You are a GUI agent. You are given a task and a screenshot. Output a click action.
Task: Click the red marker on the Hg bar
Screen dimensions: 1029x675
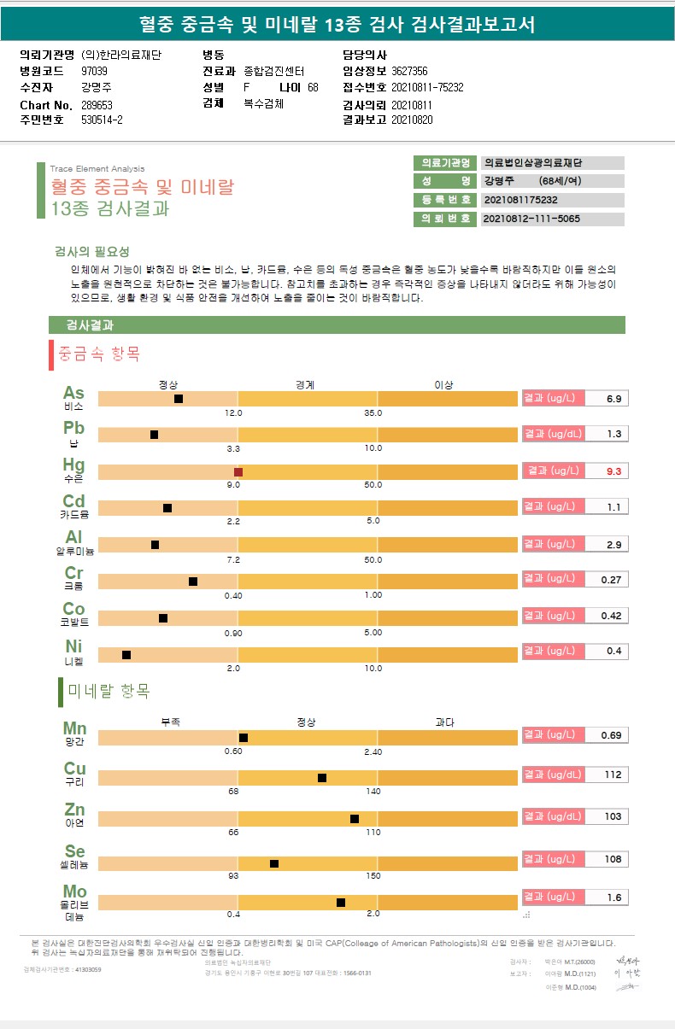coord(238,472)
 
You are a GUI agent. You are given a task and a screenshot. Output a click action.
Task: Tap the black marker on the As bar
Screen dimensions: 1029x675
coord(179,399)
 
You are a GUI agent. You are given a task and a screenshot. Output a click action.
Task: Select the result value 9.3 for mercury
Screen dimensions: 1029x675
coord(613,471)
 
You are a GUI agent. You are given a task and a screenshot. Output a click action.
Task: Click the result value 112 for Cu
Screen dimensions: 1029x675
coord(613,775)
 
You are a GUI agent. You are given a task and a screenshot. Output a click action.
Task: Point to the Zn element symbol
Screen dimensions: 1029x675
coord(74,810)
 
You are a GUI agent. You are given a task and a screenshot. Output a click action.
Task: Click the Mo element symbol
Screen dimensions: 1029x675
coord(74,892)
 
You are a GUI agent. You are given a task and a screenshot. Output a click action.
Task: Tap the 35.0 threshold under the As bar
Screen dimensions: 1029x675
coord(373,413)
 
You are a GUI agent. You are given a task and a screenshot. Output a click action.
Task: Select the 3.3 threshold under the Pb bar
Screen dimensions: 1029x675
coord(232,448)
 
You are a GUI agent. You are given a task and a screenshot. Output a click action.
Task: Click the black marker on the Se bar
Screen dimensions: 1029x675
coord(274,863)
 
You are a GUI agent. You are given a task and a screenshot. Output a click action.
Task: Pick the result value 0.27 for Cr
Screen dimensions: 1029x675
coord(611,580)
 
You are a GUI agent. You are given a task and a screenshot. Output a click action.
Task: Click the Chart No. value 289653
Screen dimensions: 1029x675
coord(97,105)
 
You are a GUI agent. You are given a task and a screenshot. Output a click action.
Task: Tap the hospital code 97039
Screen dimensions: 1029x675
coord(95,71)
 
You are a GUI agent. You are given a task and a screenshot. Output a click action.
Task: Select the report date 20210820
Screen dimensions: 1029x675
coord(412,120)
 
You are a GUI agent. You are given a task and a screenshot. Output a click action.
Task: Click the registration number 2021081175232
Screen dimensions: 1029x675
coord(520,200)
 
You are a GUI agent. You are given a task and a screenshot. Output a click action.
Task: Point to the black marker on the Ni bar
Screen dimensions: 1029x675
coord(126,655)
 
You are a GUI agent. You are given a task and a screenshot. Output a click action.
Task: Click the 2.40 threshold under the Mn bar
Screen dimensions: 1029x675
coord(373,751)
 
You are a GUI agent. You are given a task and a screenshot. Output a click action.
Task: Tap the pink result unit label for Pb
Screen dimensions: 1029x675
coord(553,434)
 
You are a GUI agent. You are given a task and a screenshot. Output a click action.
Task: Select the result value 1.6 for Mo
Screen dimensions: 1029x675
coord(613,897)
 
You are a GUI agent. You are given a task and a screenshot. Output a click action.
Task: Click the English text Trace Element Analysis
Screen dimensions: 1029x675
coord(97,169)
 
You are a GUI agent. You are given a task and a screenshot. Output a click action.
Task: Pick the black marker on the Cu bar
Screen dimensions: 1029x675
coord(322,778)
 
